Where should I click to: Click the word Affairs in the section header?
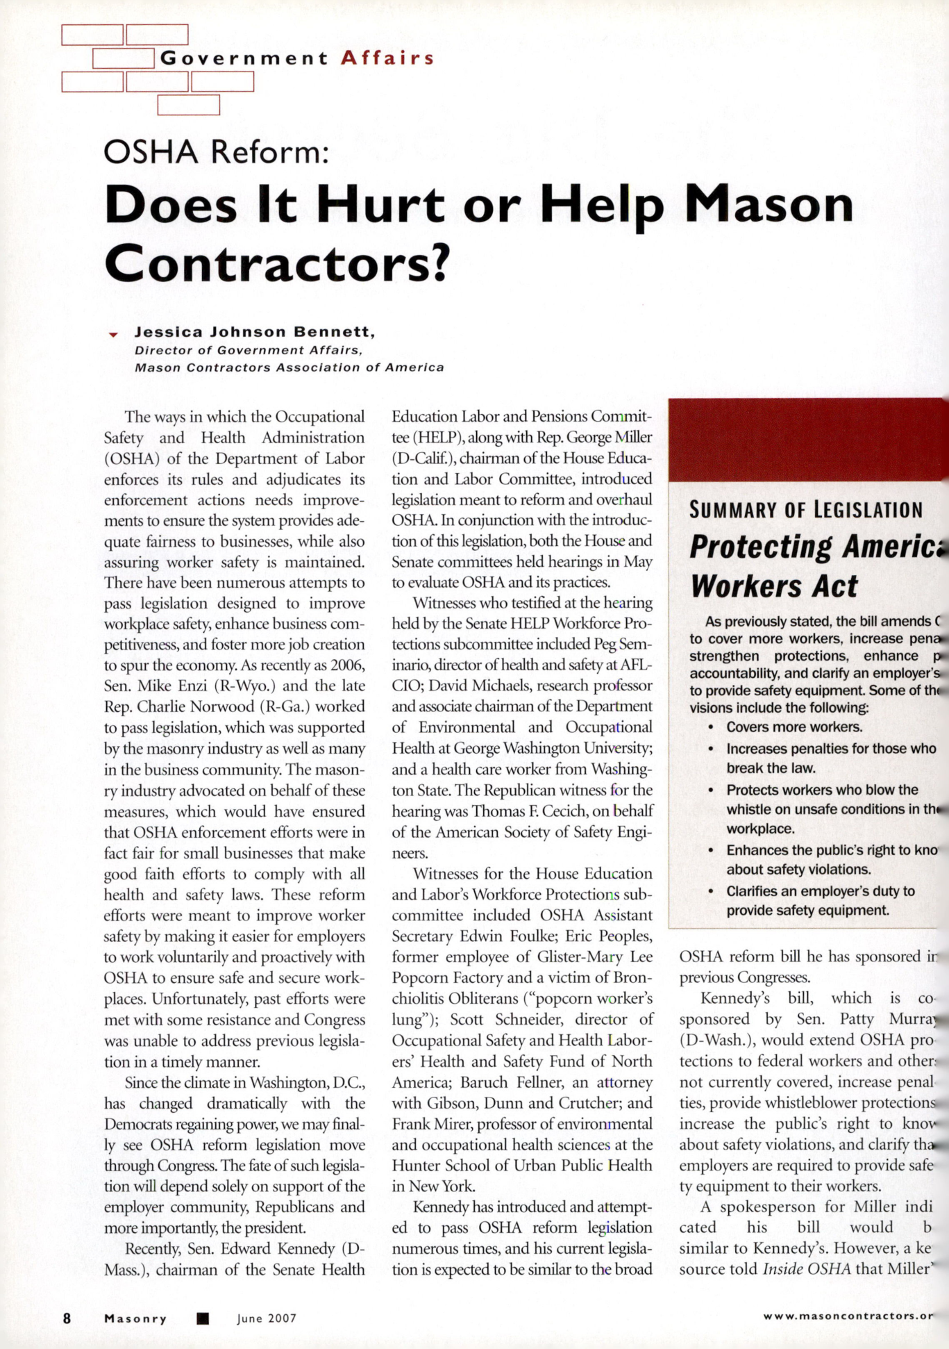coord(387,58)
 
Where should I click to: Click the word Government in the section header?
coord(244,58)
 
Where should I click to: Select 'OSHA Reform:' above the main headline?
coord(216,151)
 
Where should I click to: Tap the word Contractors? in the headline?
coord(274,263)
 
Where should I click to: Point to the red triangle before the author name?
coord(113,335)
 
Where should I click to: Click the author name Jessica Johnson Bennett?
coord(255,331)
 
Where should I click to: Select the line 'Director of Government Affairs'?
coord(248,350)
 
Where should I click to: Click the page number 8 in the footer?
coord(67,1318)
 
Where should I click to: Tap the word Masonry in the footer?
coord(135,1318)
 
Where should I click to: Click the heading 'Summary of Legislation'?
coord(805,510)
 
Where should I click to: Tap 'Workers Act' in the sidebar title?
coord(774,586)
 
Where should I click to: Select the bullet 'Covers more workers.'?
coord(794,727)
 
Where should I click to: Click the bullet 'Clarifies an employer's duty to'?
coord(820,891)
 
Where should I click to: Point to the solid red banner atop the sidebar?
coord(805,439)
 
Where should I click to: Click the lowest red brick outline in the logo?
coord(189,105)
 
